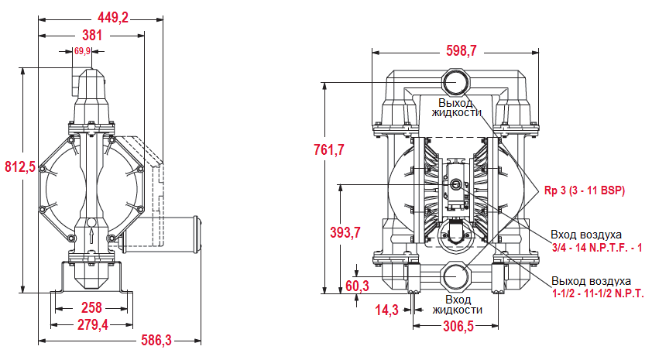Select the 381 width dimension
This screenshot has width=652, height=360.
coord(92,35)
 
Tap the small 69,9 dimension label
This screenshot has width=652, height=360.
coord(83,51)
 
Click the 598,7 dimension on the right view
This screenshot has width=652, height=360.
coord(462,50)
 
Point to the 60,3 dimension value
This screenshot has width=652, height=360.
coord(357,286)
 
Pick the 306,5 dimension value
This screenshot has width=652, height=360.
coord(458,327)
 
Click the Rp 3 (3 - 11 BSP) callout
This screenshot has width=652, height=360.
coord(585,190)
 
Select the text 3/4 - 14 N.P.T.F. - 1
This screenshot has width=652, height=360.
coord(597,247)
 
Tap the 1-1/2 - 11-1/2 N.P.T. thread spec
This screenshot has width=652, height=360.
coord(597,294)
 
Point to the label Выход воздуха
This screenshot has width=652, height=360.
coord(592,281)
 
